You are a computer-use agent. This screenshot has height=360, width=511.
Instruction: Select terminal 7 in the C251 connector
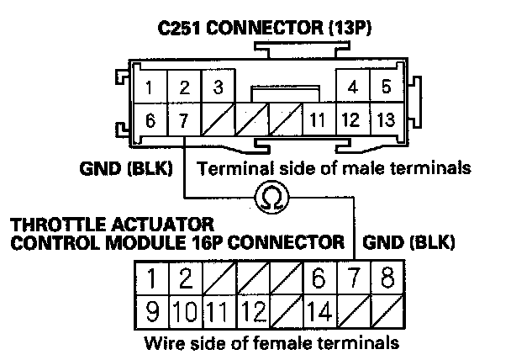click(183, 120)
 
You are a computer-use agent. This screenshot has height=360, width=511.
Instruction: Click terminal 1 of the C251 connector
click(149, 87)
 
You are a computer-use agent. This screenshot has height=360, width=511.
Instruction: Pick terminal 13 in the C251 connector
click(386, 120)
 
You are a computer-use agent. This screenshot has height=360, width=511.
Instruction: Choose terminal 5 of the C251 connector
click(386, 87)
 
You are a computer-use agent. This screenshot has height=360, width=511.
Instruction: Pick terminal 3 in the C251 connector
click(217, 87)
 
